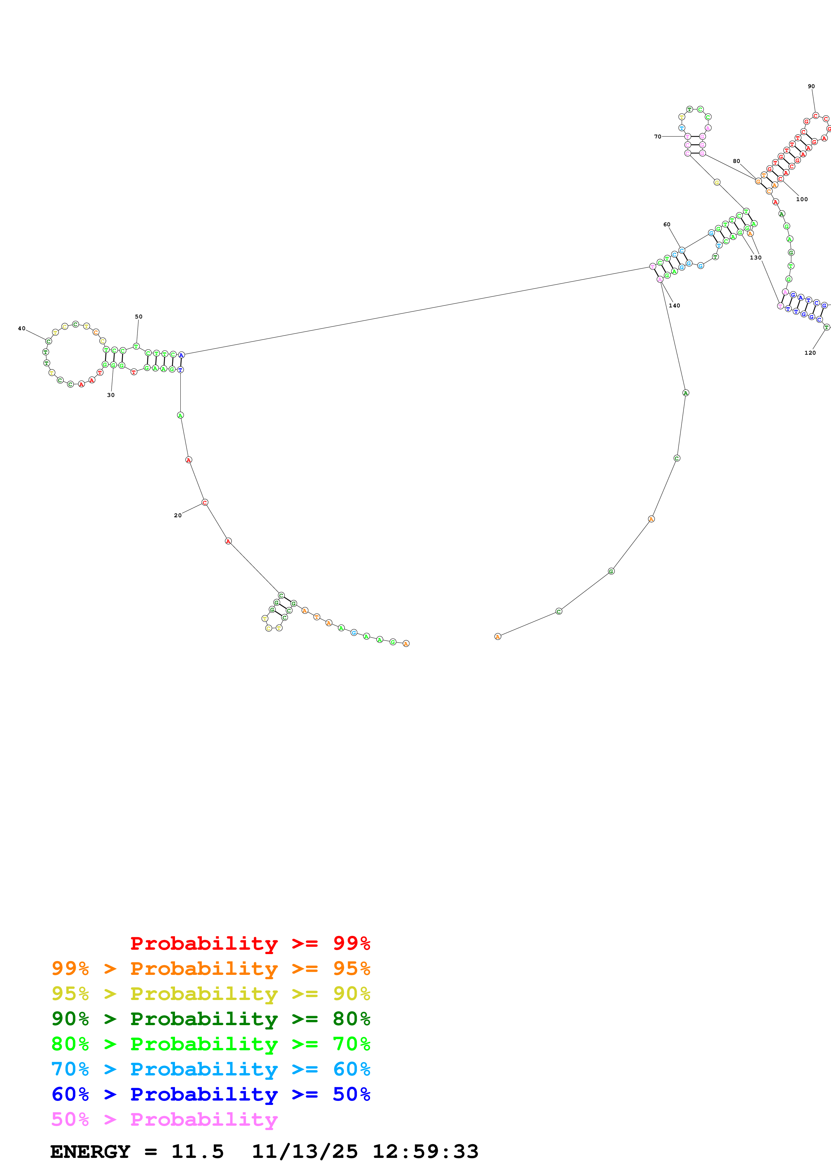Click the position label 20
[178, 515]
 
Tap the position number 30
[111, 395]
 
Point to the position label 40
[21, 328]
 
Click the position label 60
[667, 224]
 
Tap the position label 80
[736, 161]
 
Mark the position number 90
[811, 86]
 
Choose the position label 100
[802, 199]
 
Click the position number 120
[810, 352]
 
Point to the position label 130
[756, 258]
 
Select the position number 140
[674, 306]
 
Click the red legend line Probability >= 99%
[250, 943]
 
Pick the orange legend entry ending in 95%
[211, 968]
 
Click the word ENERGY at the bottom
[90, 1152]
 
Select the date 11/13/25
[305, 1152]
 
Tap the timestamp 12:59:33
[425, 1152]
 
